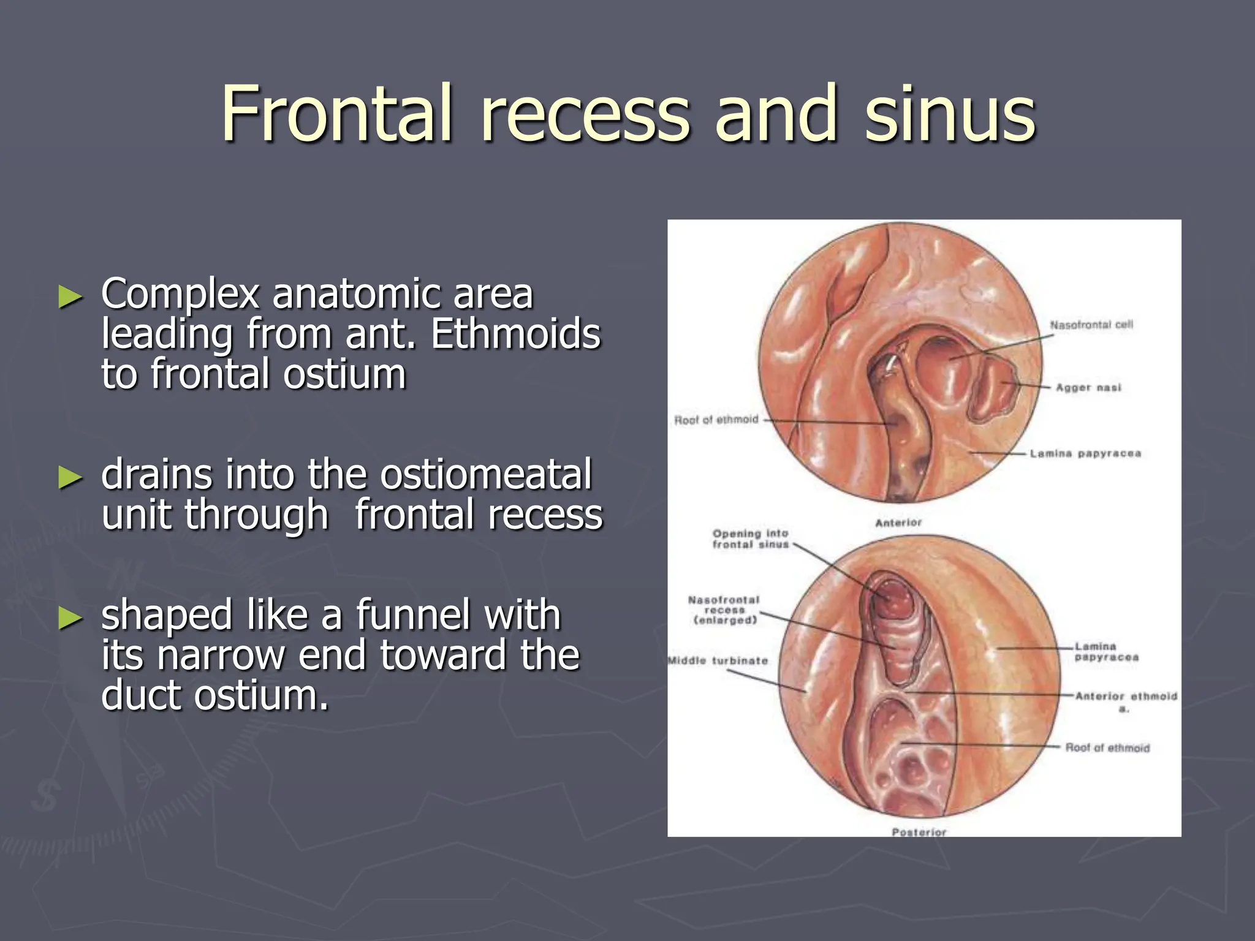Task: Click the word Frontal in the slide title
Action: (x=336, y=114)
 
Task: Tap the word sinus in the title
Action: (x=949, y=114)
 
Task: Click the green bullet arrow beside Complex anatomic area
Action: (x=70, y=297)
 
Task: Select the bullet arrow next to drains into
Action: (x=70, y=478)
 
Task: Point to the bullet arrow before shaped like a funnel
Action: (x=70, y=618)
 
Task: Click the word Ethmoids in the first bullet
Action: (x=515, y=334)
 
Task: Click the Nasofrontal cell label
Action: (x=1091, y=325)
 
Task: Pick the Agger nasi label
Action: (x=1088, y=388)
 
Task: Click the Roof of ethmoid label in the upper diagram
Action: (x=716, y=420)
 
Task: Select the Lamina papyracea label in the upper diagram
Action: (x=1085, y=454)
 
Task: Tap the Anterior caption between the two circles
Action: (x=898, y=523)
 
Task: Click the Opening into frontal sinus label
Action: (x=750, y=539)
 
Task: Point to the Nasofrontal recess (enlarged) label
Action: (x=724, y=610)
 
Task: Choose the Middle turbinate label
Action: (x=718, y=661)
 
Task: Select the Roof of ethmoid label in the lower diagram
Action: (x=1107, y=748)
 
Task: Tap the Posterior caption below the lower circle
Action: (x=919, y=832)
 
